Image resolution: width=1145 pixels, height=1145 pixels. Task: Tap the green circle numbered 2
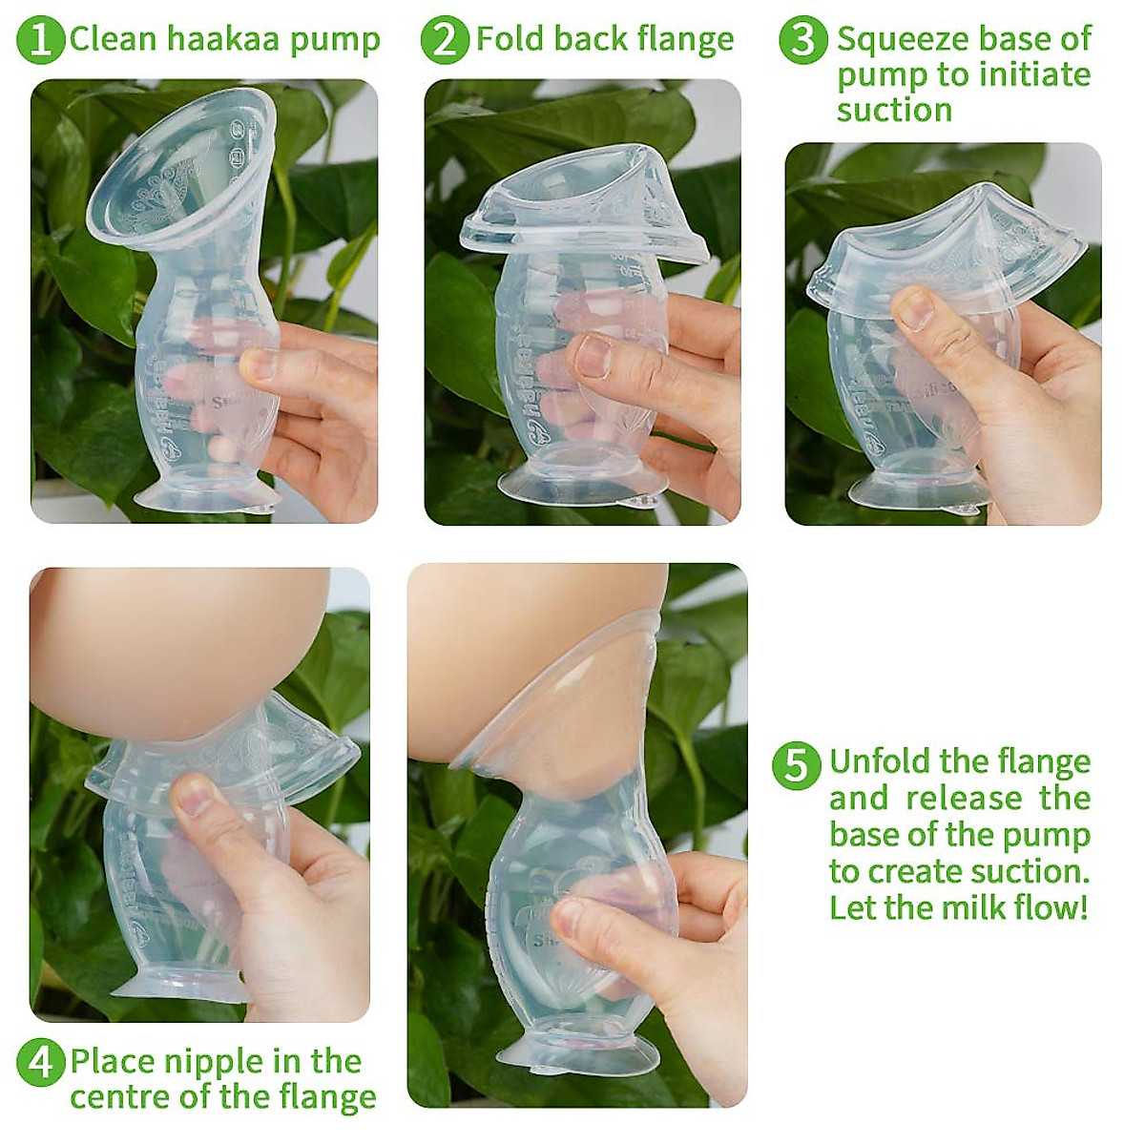pos(445,39)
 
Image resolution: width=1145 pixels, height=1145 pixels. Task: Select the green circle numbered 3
pos(803,39)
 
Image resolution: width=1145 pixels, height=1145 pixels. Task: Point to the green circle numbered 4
pos(41,1062)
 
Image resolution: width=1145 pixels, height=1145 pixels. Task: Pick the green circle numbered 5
pos(796,763)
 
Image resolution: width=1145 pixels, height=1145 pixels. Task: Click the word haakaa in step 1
pos(217,39)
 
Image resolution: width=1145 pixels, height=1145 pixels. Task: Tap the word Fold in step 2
pos(510,39)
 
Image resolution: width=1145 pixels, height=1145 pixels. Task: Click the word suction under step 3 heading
pos(894,111)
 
